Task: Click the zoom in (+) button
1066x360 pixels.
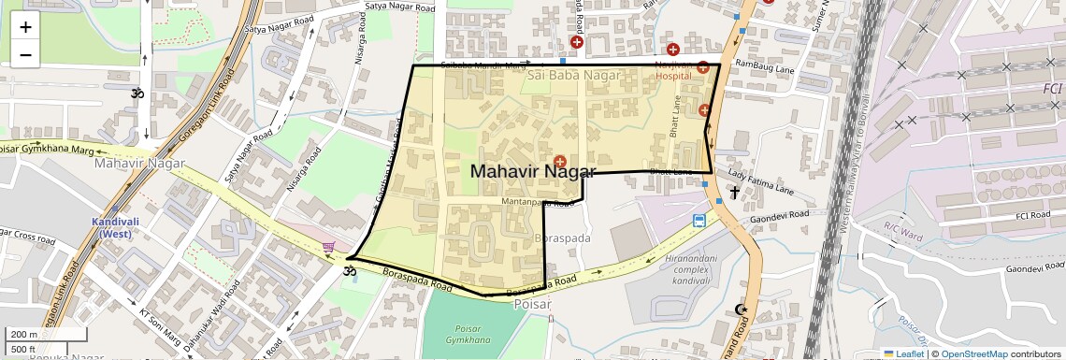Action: (25, 27)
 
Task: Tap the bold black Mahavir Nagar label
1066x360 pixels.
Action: (532, 171)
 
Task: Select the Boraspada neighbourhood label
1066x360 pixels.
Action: (562, 238)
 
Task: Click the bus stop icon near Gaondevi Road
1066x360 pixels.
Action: (699, 222)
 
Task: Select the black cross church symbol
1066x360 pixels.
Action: (734, 193)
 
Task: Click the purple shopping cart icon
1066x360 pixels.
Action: (329, 247)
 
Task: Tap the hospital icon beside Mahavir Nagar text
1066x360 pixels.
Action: (560, 162)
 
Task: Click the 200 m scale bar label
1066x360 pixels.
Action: (23, 334)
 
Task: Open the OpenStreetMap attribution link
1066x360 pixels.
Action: (974, 353)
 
